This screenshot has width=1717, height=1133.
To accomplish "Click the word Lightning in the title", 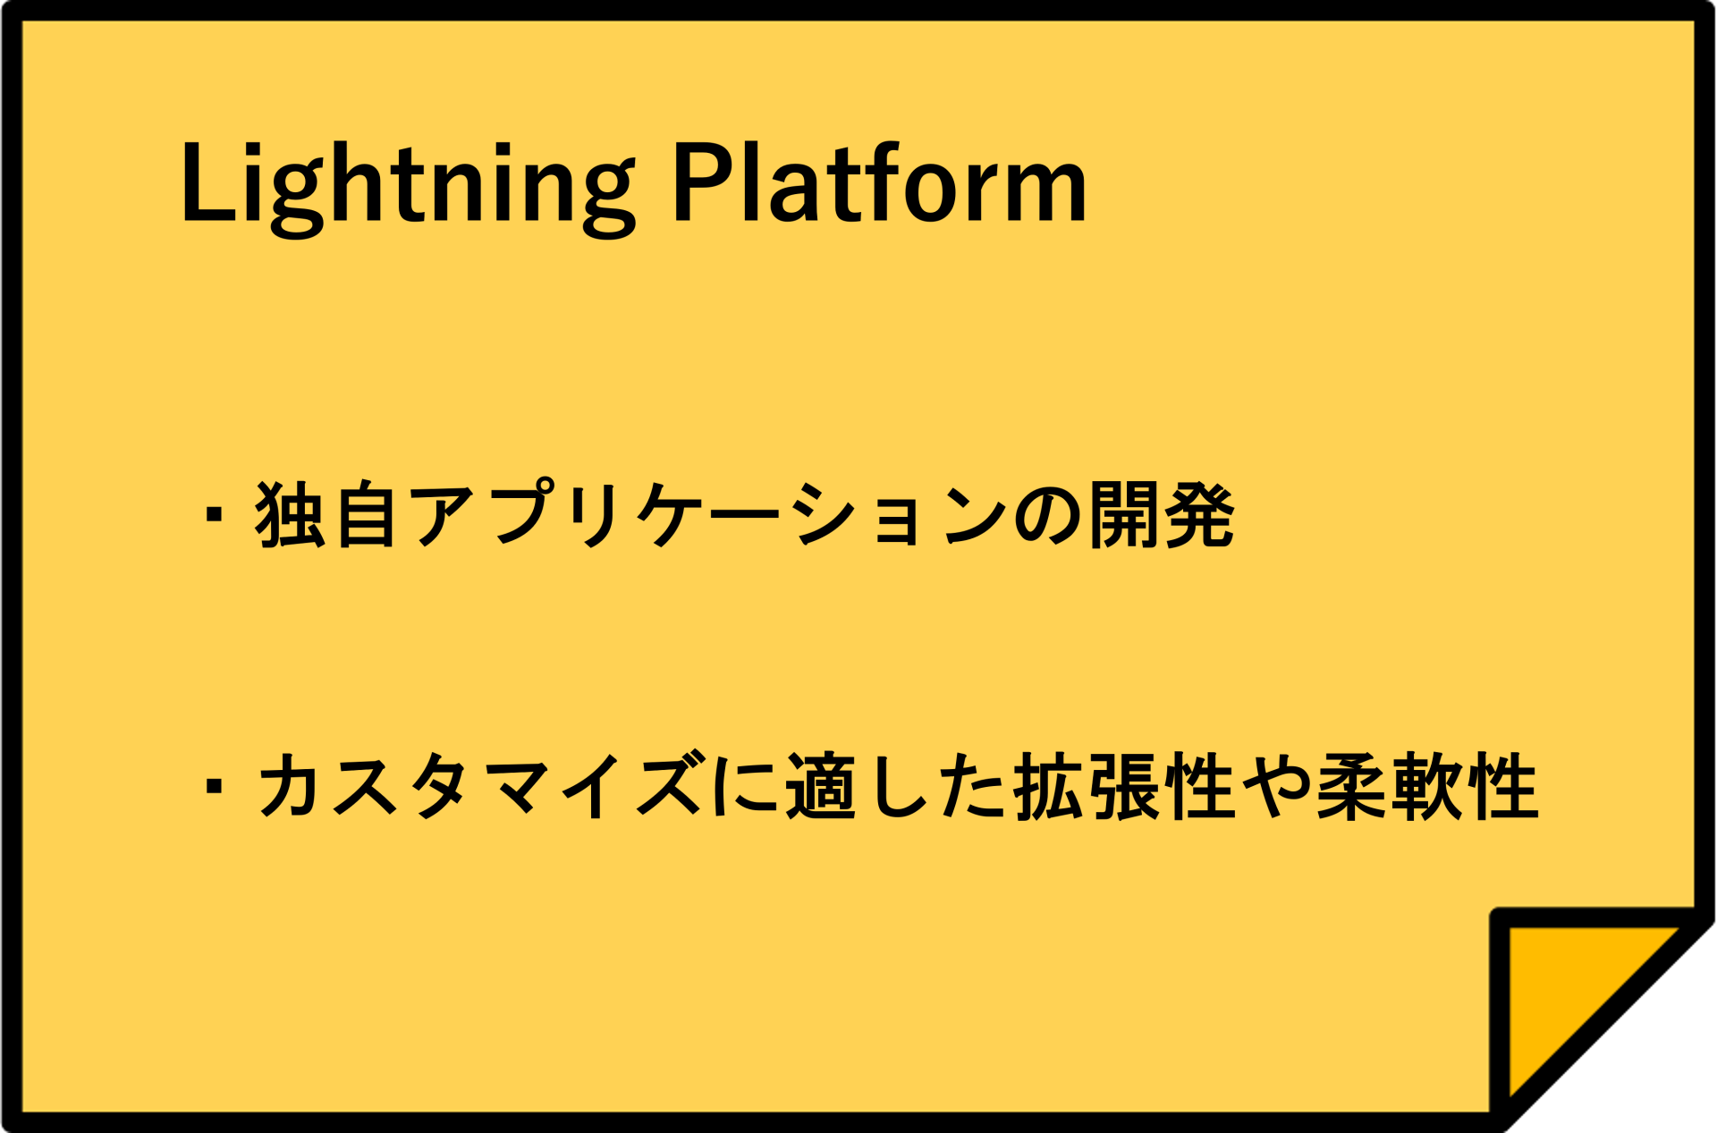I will tap(407, 186).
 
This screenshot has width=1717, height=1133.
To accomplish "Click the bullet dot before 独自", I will tap(214, 515).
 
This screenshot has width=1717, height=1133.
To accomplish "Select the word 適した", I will tap(896, 786).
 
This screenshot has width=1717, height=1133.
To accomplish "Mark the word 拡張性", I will tap(1125, 786).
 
